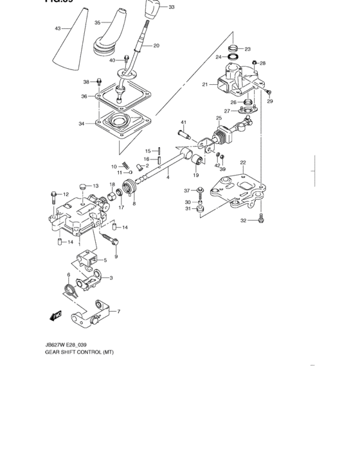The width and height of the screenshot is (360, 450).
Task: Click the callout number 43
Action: point(58,29)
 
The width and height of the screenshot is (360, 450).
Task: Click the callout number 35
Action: point(98,22)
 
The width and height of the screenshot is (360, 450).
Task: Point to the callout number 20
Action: point(156,46)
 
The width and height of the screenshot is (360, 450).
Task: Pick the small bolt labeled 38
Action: point(100,82)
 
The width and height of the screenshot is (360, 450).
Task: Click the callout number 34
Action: point(82,123)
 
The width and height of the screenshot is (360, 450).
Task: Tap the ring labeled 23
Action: point(234,48)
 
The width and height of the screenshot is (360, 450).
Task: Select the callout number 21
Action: point(205,84)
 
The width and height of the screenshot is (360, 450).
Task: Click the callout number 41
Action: point(183,122)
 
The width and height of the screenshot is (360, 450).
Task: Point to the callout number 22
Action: point(242,162)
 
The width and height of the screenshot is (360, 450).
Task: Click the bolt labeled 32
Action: point(260,220)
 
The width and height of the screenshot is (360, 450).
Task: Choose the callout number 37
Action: point(187,190)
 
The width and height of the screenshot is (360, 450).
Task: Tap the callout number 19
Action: point(195,175)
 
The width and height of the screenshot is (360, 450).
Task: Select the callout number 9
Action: point(116,257)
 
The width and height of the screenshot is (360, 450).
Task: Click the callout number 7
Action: point(118,312)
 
